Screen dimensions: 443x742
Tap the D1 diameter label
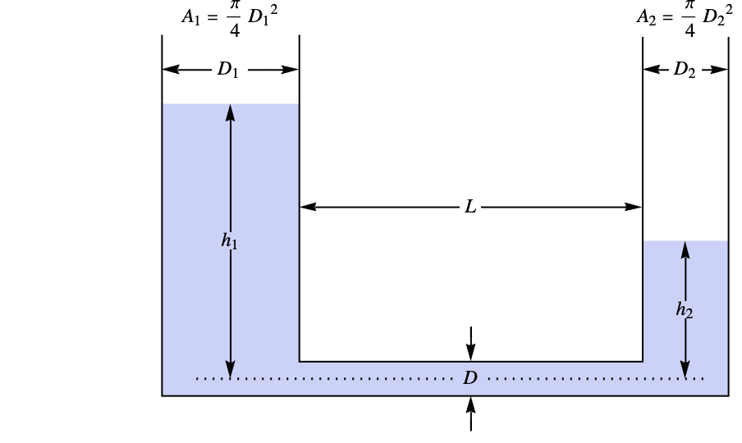(228, 71)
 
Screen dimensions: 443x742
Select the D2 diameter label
(685, 71)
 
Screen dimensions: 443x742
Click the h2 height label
(684, 309)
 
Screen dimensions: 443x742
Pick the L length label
(470, 208)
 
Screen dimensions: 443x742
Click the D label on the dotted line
(470, 378)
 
